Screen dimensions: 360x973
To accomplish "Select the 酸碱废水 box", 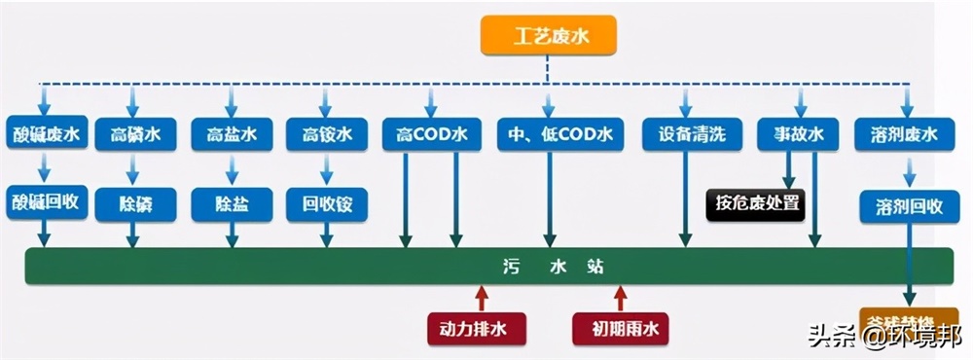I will coord(48,134).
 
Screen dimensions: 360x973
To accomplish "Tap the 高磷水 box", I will coord(135,134).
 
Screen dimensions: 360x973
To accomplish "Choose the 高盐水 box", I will coord(231,134).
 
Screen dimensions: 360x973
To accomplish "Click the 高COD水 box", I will coord(431,134).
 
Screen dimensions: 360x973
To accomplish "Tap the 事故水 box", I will coord(799,134).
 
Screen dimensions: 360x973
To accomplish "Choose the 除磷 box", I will coord(135,204).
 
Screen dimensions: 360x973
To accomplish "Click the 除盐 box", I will coord(231,204).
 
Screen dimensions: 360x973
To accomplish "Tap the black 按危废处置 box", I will coord(757,204).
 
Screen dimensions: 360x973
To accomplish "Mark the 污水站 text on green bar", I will coord(551,266).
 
